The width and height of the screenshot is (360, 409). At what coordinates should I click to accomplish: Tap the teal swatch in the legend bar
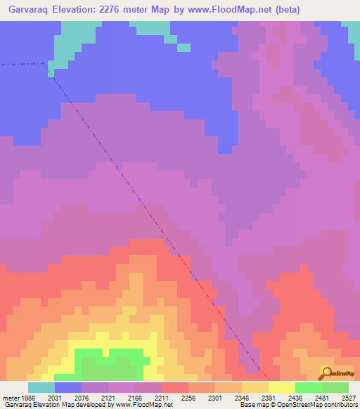pos(41,387)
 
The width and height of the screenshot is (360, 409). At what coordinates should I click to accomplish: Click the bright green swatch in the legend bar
pos(309,387)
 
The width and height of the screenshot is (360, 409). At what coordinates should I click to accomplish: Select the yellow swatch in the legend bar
pos(282,387)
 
